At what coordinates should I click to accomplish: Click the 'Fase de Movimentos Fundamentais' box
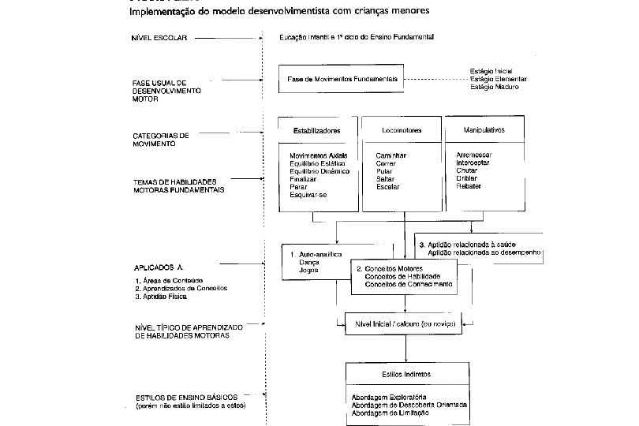click(342, 80)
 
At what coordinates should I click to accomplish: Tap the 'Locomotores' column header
click(399, 129)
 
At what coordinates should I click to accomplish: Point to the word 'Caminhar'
click(391, 155)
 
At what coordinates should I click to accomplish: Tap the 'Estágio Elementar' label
click(498, 79)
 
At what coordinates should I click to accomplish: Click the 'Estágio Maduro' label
click(495, 87)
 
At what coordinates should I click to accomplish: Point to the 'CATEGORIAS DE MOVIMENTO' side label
click(161, 140)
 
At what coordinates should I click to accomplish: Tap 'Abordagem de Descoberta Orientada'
click(409, 405)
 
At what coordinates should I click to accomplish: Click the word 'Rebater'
click(469, 186)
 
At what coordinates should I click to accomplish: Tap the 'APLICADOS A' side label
click(153, 268)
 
